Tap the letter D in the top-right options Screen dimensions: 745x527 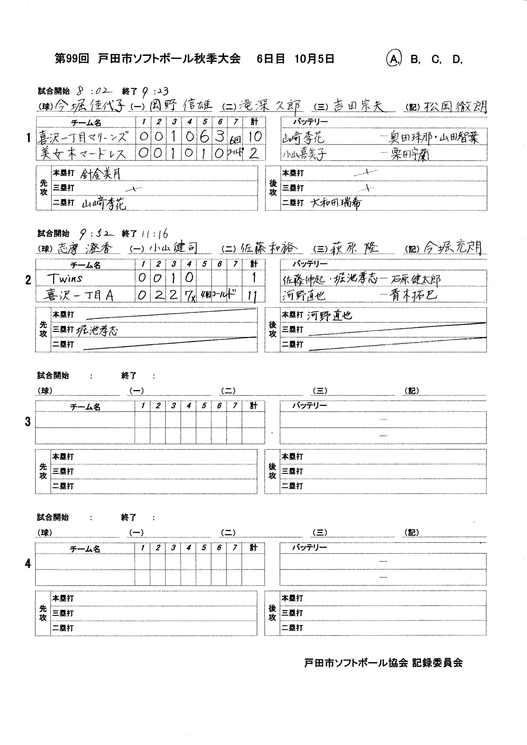(x=457, y=59)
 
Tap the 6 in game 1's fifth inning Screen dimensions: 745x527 (x=204, y=137)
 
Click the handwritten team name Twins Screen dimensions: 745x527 (x=65, y=278)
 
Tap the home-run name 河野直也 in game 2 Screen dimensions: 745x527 (x=329, y=315)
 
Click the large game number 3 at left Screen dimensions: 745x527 (x=28, y=422)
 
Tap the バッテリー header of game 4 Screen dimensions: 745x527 (x=309, y=548)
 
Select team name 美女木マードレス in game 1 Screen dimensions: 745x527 (x=83, y=153)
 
